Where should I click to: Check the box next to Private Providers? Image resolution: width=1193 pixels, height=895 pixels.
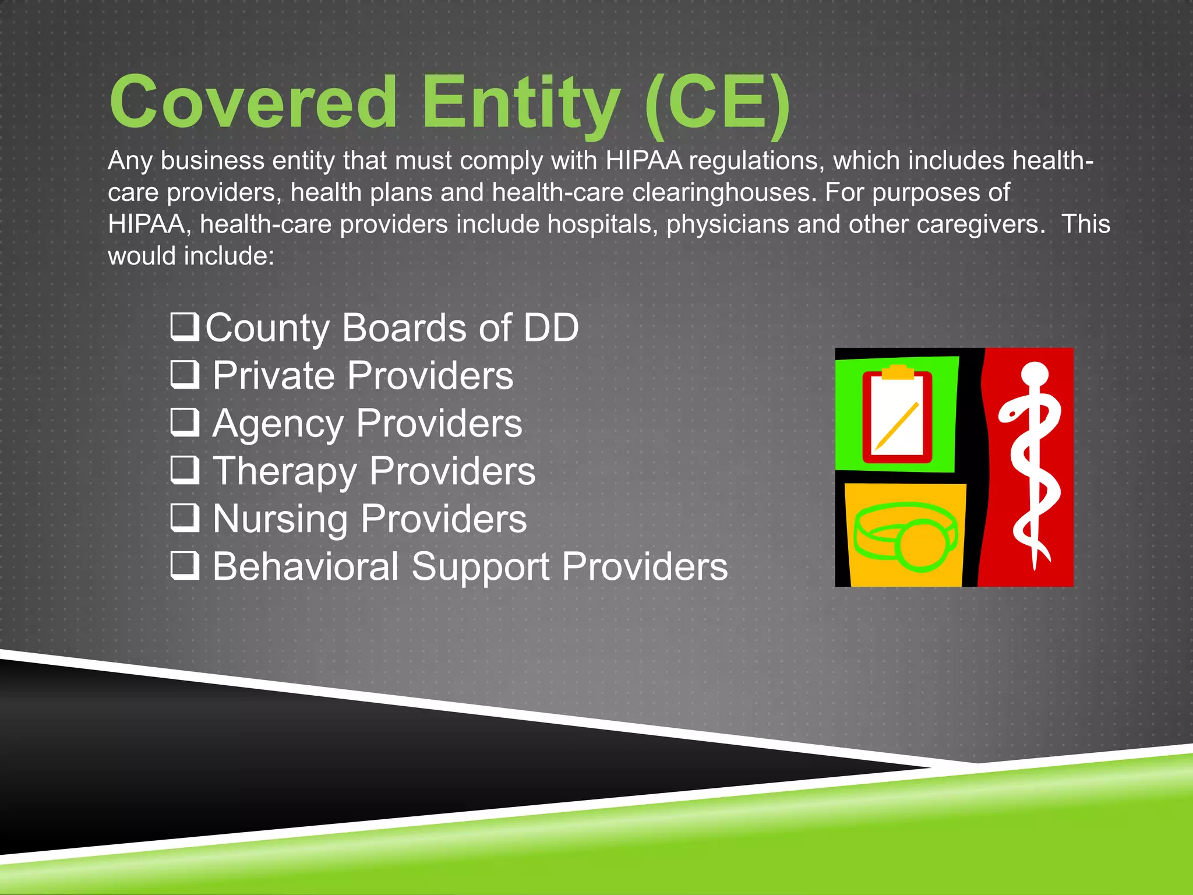pyautogui.click(x=185, y=374)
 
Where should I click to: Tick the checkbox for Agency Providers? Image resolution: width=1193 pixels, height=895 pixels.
pyautogui.click(x=185, y=422)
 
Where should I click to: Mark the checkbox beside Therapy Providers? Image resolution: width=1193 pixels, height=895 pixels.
pyautogui.click(x=185, y=470)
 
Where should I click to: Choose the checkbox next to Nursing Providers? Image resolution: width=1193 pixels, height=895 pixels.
pyautogui.click(x=185, y=517)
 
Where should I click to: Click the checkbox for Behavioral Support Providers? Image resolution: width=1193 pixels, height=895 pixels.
pyautogui.click(x=185, y=565)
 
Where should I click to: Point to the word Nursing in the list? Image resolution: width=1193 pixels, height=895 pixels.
pyautogui.click(x=280, y=519)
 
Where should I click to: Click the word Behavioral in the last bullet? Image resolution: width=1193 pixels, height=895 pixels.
pyautogui.click(x=306, y=566)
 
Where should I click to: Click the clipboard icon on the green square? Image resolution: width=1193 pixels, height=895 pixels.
pyautogui.click(x=897, y=415)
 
